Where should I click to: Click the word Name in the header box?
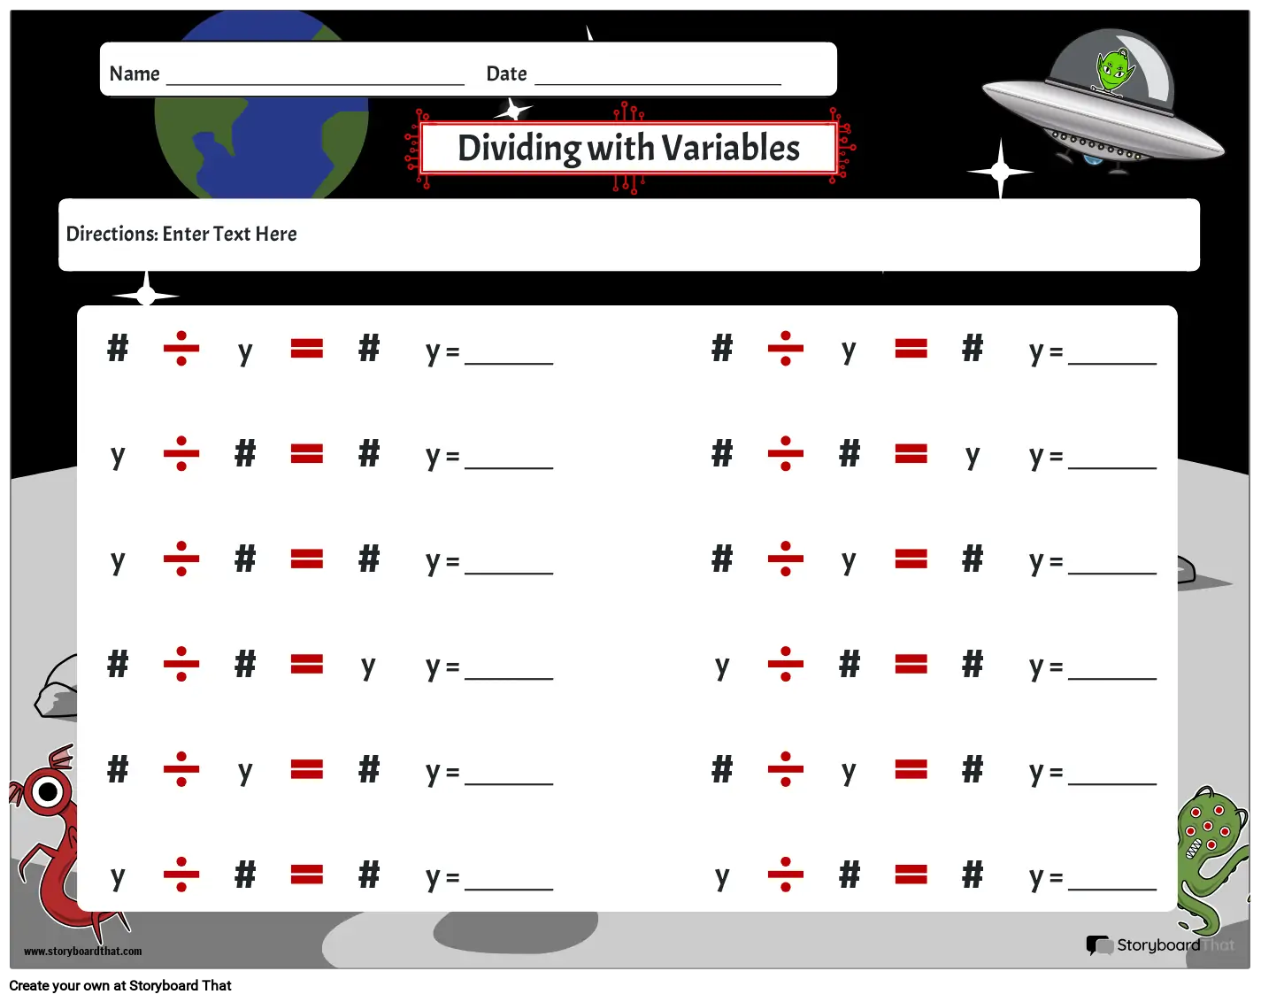[x=135, y=73]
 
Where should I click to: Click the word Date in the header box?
[x=506, y=73]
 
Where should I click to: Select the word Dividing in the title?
[x=519, y=149]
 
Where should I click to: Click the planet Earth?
[x=261, y=105]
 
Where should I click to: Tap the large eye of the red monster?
[x=48, y=792]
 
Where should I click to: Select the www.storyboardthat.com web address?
[x=82, y=951]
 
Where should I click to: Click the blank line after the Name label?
[x=315, y=85]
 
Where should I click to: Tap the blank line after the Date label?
[x=657, y=85]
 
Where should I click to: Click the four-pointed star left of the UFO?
[x=1000, y=171]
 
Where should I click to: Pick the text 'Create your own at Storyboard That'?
[x=120, y=985]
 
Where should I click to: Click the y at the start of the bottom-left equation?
[x=119, y=876]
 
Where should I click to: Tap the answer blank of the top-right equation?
[x=1112, y=364]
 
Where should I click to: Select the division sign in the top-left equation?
[x=181, y=348]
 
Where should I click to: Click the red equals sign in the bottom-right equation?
[x=911, y=875]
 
